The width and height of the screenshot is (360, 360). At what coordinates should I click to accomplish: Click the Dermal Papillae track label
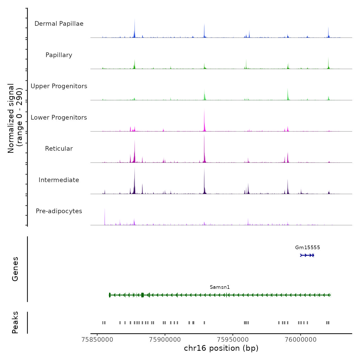tap(59, 24)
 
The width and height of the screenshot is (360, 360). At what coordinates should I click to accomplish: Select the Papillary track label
tap(59, 55)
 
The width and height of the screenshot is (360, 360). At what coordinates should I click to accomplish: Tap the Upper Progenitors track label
tap(59, 86)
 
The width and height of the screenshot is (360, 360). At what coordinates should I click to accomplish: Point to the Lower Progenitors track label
tap(59, 118)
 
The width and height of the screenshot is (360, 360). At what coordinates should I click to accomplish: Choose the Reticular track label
tap(59, 149)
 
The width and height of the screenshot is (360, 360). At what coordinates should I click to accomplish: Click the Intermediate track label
tap(59, 180)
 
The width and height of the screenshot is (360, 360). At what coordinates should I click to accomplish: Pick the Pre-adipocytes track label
tap(59, 211)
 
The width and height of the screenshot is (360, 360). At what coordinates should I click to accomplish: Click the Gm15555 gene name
tap(308, 248)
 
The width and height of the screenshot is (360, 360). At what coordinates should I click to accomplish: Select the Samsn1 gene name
tap(220, 287)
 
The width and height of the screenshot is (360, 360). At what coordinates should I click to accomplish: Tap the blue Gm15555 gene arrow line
tap(307, 255)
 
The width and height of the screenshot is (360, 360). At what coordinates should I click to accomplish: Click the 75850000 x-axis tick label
tap(97, 340)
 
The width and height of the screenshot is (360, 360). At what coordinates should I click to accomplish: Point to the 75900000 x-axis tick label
tap(165, 340)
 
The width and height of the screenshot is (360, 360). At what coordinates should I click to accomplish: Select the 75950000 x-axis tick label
tap(233, 340)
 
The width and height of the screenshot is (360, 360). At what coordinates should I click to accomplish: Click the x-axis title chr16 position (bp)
tap(221, 348)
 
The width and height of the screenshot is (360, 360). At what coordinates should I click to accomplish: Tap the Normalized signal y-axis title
tap(15, 118)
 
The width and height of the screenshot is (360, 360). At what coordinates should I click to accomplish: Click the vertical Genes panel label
tap(15, 269)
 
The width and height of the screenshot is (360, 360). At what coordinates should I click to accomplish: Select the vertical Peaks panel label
tap(15, 322)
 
